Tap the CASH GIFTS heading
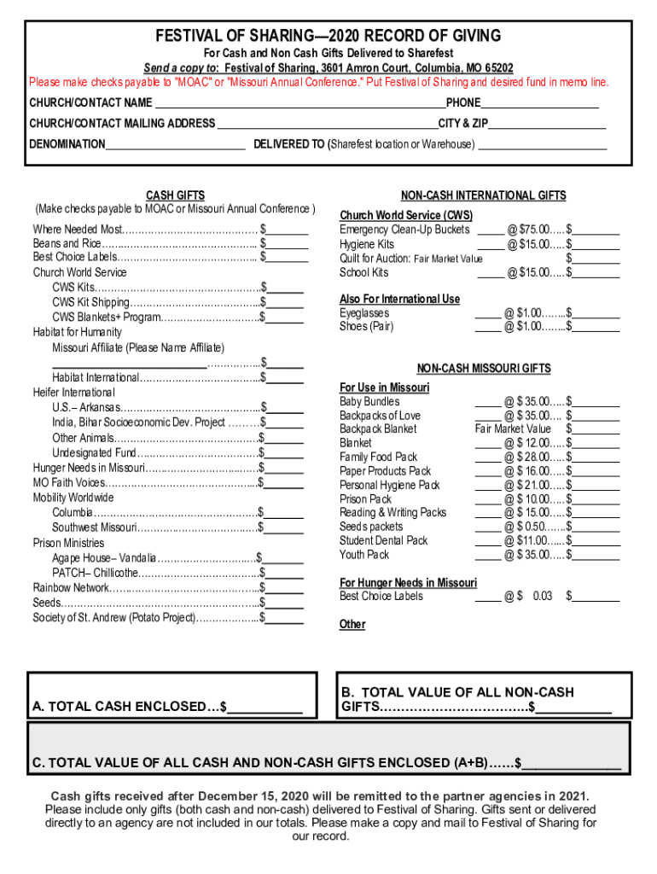pyautogui.click(x=175, y=195)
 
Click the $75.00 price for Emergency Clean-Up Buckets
pyautogui.click(x=538, y=230)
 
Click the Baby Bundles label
pyautogui.click(x=369, y=401)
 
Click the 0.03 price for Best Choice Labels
pyautogui.click(x=543, y=596)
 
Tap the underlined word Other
pyautogui.click(x=352, y=624)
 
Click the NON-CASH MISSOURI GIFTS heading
pyautogui.click(x=484, y=369)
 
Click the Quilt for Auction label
pyautogui.click(x=375, y=259)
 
